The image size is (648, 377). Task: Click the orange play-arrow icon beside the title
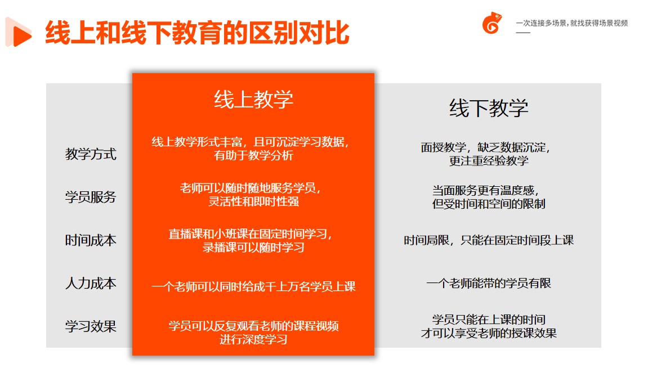point(19,32)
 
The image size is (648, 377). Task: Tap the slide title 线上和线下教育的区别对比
point(197,32)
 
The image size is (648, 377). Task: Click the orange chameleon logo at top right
point(492,23)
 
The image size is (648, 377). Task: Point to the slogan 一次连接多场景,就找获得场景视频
point(572,23)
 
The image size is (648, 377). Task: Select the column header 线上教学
point(253,100)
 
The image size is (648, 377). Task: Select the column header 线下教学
point(489,108)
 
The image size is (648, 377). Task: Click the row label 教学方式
point(91,154)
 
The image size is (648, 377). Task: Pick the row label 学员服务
point(91,197)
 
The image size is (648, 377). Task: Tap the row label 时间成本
point(91,240)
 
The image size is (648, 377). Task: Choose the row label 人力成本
point(91,283)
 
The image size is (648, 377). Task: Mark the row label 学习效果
point(91,326)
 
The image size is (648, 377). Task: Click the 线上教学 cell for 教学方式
point(251,149)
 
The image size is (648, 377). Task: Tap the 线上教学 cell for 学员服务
point(251,195)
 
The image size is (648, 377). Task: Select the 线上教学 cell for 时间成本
point(251,241)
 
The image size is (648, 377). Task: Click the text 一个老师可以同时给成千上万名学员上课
point(253,286)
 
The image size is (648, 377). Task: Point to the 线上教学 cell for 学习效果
point(253,333)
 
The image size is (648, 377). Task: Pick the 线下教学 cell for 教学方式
point(486,154)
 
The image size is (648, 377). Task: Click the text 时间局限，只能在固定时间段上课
point(489,240)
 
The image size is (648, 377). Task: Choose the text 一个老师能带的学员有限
point(489,283)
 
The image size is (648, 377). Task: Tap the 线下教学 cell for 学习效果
point(489,326)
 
